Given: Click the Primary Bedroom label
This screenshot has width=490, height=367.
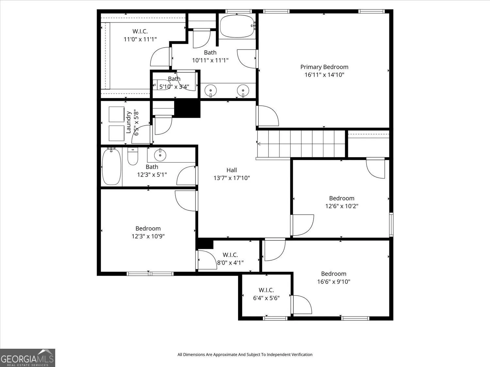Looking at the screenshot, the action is click(324, 67).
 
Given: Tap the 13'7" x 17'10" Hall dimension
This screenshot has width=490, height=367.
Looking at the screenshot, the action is click(232, 178).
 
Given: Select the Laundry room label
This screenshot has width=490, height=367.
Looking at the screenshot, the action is click(128, 122).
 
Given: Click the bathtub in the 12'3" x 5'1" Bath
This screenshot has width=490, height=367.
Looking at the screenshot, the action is click(111, 167).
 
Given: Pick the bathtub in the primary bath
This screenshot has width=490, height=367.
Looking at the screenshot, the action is click(237, 26).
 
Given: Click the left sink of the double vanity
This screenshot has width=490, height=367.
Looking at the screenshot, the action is click(210, 90).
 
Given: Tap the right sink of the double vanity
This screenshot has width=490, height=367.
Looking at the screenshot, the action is click(243, 90).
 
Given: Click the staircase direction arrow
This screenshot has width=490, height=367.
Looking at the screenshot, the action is click(259, 144).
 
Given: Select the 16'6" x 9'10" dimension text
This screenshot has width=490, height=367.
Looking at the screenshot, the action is click(334, 282).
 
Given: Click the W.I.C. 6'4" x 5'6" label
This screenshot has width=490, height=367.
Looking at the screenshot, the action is click(266, 294).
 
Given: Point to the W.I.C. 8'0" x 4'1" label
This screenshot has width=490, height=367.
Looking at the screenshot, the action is click(230, 259).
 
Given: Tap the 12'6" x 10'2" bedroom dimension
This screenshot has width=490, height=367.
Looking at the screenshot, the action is click(342, 206).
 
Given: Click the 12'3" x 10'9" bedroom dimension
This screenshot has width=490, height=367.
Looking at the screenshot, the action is click(148, 236).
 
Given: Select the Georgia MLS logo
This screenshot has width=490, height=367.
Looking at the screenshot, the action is click(27, 358).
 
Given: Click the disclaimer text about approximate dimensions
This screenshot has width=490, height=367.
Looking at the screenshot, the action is click(245, 355).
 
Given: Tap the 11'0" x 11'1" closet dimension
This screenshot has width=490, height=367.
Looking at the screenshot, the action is click(140, 39).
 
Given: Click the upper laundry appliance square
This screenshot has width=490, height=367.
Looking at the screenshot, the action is click(117, 114).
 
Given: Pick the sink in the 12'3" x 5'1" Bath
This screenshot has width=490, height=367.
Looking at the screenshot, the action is click(160, 155).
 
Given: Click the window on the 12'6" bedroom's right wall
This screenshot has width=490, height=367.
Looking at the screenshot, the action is click(391, 225).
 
